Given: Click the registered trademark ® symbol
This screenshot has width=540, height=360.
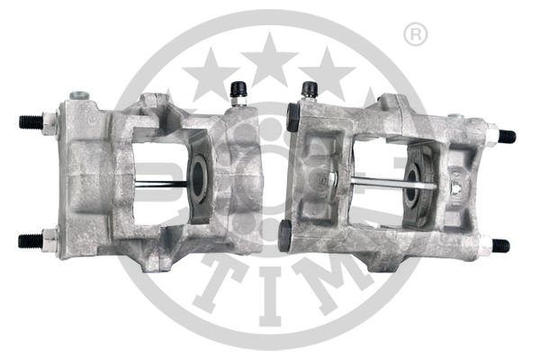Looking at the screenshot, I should pos(416,35).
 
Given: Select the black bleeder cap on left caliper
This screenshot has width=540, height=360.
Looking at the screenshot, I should pos(239,90).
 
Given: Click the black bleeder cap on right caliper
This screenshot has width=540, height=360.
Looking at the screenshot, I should pos(309,90).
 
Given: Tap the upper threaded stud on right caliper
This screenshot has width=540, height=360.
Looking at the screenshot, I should pos(507,137).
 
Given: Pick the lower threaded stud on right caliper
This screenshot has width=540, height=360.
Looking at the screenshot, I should pos(500,245).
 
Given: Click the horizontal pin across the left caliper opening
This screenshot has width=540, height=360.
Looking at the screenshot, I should pos(162,184).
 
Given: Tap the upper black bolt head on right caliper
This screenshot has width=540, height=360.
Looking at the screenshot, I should pos(292,114).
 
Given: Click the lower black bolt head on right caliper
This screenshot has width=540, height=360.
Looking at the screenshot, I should pos(284,235).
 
